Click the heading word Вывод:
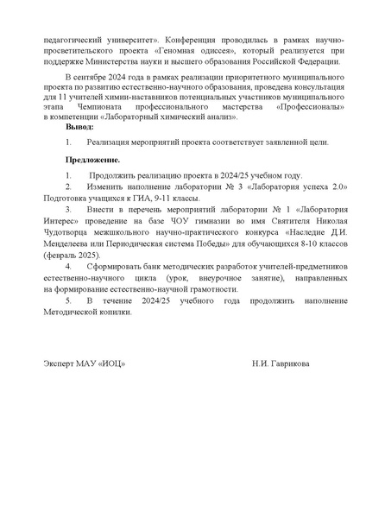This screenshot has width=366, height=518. [79, 126]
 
